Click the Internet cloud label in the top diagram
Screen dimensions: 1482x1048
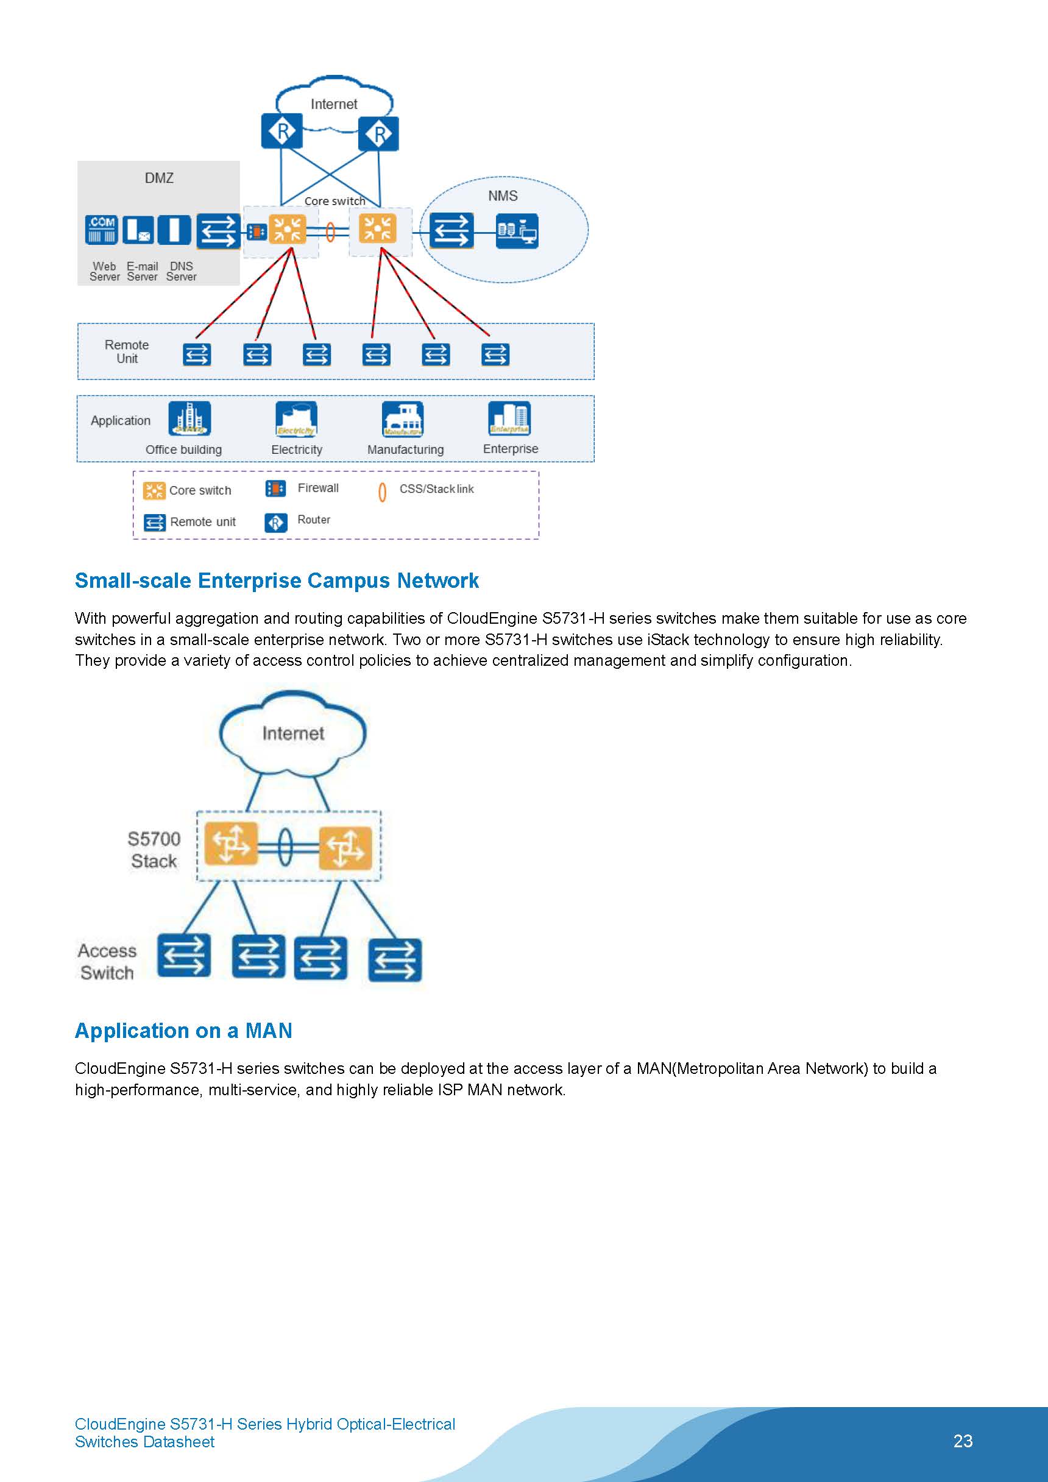tap(333, 104)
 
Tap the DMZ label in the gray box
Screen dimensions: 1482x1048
tap(159, 178)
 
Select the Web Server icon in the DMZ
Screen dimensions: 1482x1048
tap(102, 230)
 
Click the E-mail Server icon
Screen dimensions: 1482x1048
tap(138, 230)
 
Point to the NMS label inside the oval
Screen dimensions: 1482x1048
tap(502, 196)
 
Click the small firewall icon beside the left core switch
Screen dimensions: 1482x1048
tap(257, 231)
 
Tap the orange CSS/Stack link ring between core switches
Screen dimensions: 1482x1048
tap(330, 231)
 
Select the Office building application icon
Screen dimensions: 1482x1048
tap(189, 419)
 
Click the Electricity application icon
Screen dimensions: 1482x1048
tap(296, 419)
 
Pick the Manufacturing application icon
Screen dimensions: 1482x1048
tap(402, 419)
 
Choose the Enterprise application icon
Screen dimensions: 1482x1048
tap(509, 418)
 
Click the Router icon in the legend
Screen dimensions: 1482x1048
tap(276, 522)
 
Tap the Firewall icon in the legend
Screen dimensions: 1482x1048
tap(276, 489)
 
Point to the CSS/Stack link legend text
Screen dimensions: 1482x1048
tap(436, 489)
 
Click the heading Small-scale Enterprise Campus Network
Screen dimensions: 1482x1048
tap(277, 580)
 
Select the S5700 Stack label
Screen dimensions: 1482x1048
tap(154, 850)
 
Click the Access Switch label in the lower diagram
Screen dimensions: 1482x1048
tap(107, 962)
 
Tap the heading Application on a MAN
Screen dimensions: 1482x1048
tap(183, 1030)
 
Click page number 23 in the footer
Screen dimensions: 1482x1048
tap(962, 1441)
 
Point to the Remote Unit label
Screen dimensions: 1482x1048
tap(127, 352)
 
